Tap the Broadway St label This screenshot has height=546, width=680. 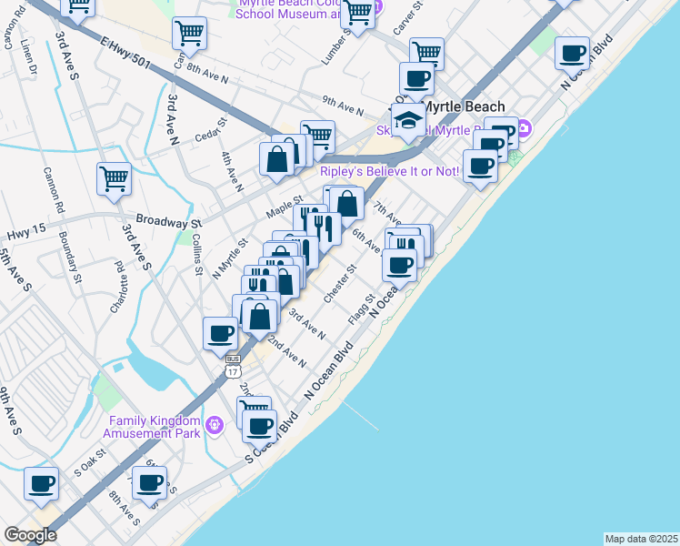(168, 221)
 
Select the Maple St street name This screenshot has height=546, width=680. (284, 208)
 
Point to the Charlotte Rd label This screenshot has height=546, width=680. (116, 288)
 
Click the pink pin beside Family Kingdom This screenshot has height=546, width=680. (215, 424)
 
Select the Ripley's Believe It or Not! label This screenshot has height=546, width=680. (389, 171)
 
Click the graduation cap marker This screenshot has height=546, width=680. (409, 121)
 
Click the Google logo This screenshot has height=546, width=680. (30, 535)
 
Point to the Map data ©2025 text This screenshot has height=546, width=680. (641, 539)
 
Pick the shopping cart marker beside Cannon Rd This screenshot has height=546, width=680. (115, 177)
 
